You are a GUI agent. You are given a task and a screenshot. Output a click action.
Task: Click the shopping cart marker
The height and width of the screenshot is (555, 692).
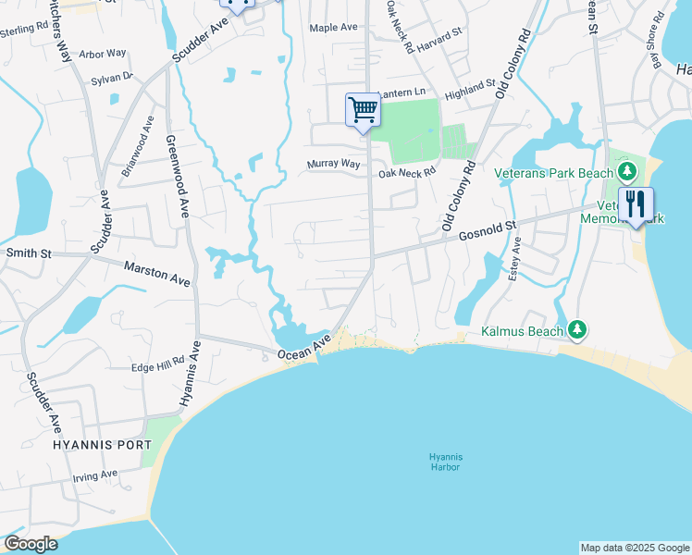tap(363, 110)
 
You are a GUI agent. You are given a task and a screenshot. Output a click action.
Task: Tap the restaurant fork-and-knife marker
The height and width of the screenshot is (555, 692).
tap(636, 204)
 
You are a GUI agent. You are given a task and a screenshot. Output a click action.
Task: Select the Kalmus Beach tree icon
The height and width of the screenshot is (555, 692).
tap(577, 328)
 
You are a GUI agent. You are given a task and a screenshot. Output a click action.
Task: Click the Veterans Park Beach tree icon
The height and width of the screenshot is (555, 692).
tap(627, 171)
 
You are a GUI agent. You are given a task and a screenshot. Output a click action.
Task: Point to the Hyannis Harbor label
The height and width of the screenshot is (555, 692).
tap(445, 462)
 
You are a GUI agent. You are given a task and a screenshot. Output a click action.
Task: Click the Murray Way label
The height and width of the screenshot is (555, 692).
tap(333, 164)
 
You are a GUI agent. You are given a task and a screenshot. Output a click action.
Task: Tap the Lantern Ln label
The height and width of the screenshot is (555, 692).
tap(401, 92)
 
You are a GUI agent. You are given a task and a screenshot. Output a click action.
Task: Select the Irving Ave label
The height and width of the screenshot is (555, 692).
tap(95, 475)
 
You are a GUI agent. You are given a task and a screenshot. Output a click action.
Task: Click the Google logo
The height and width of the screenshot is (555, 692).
tap(31, 544)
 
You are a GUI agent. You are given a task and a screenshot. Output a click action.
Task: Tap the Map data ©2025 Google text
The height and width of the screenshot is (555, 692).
tap(635, 548)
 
